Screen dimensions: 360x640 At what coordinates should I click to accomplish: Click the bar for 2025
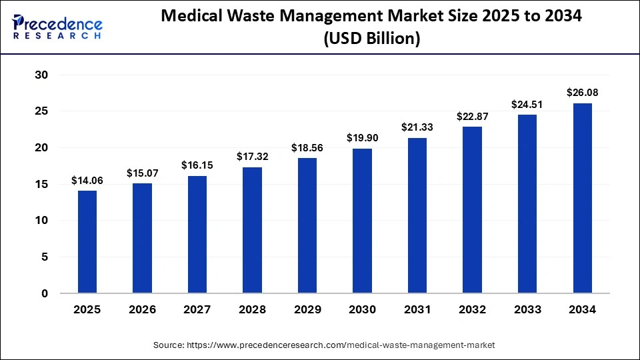click(x=87, y=242)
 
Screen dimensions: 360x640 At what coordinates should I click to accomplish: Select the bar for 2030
click(x=363, y=221)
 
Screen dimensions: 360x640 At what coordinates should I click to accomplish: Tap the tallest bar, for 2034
click(x=583, y=198)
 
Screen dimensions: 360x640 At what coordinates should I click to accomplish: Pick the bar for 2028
click(x=252, y=230)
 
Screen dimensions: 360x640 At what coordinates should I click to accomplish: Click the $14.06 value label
click(x=87, y=181)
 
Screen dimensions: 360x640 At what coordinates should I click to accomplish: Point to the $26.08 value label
click(x=583, y=93)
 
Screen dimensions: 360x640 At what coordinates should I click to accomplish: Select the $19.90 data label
click(x=363, y=138)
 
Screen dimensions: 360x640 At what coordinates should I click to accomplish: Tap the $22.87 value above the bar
click(x=473, y=116)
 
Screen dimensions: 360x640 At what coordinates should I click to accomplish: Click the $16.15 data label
click(x=197, y=165)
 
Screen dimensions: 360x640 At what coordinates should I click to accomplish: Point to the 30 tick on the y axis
click(x=41, y=75)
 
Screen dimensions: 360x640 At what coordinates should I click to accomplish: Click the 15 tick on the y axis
click(x=41, y=184)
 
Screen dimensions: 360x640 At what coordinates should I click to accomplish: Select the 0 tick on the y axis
click(x=45, y=293)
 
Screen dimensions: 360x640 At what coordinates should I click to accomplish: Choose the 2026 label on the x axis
click(x=143, y=309)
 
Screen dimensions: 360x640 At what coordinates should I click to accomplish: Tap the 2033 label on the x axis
click(x=527, y=309)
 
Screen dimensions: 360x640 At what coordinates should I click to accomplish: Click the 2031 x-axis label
click(x=417, y=309)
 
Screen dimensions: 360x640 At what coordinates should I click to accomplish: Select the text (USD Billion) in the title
click(x=371, y=39)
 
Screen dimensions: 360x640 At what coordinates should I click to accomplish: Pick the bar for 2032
click(x=473, y=210)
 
